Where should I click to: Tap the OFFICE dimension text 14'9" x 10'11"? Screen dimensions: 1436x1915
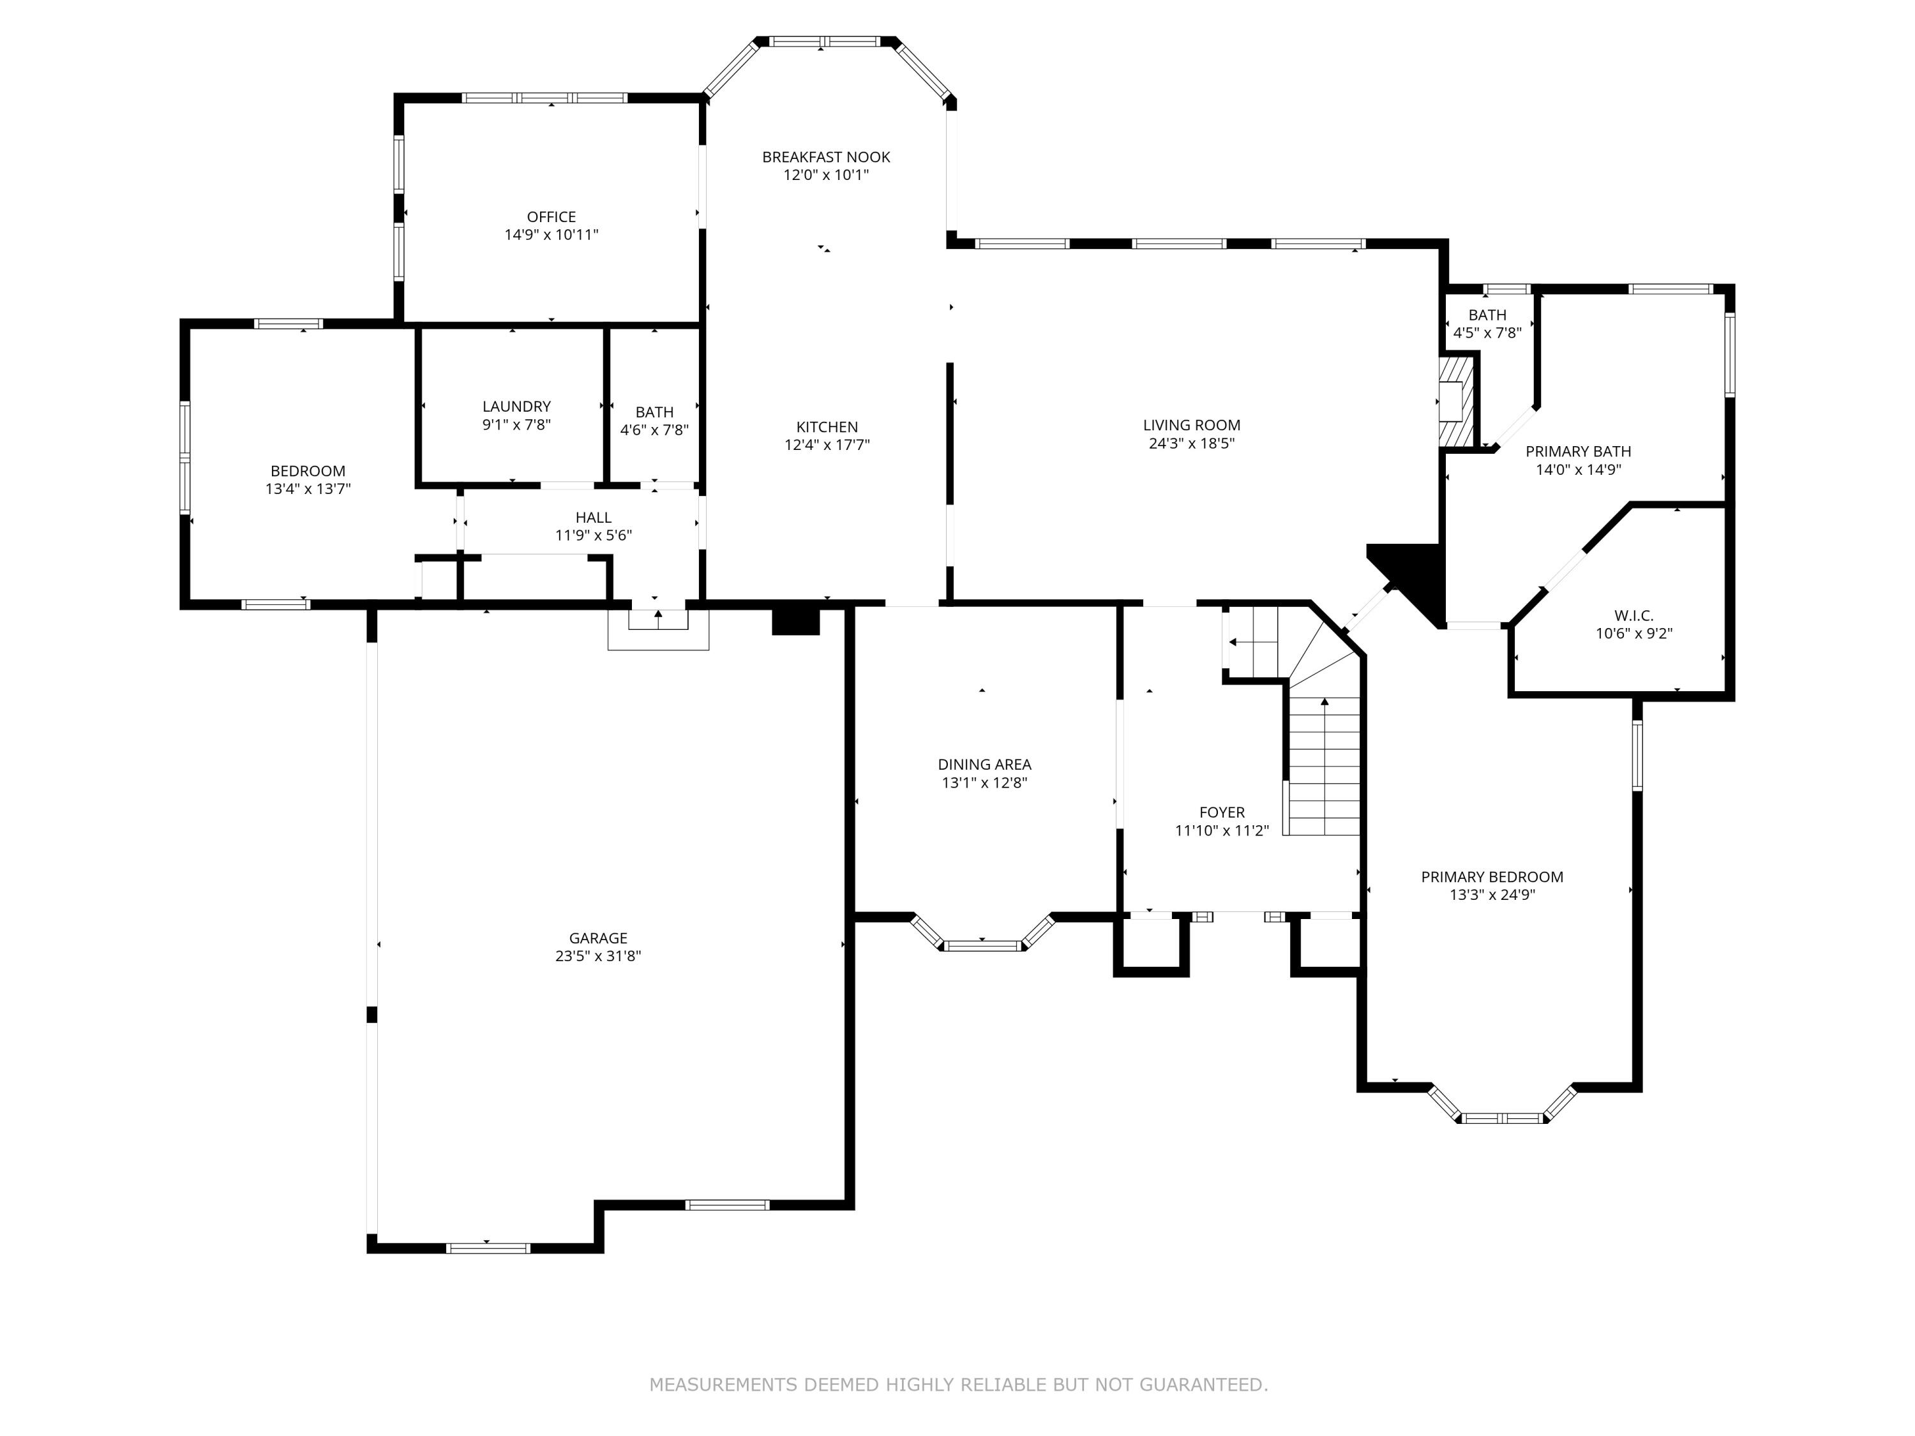(552, 235)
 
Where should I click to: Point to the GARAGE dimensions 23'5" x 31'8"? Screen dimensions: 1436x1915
(597, 955)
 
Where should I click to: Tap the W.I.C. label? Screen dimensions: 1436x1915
(1633, 615)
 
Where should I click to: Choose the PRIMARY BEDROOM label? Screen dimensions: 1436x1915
(1492, 877)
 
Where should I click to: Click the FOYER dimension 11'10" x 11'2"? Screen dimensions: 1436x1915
(1222, 831)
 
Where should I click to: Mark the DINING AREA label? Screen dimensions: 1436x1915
(984, 765)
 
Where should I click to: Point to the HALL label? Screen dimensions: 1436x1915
(593, 518)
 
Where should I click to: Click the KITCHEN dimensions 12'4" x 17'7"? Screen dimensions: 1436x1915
(827, 445)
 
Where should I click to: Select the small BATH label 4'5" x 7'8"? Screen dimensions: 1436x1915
(1487, 315)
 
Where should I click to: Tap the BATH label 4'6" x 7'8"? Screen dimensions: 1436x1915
(654, 412)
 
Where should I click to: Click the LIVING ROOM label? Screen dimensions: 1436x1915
(1191, 425)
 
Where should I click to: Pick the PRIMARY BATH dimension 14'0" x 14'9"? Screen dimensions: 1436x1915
(1577, 470)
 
